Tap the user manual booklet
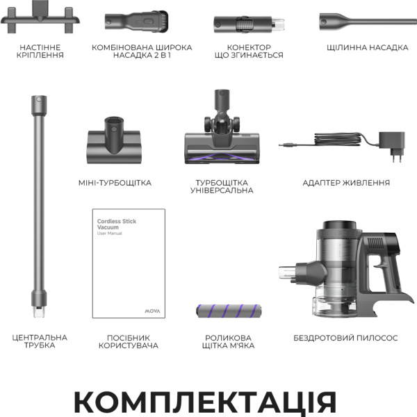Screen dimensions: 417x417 click(129, 264)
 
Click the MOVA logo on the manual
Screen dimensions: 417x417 click(154, 304)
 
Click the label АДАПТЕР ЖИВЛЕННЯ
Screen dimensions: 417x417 click(346, 183)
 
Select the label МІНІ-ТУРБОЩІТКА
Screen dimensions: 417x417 click(115, 183)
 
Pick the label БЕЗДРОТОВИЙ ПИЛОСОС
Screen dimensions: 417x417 click(346, 338)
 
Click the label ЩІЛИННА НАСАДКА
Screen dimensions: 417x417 click(367, 48)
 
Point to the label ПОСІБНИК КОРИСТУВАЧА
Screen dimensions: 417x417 click(128, 341)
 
